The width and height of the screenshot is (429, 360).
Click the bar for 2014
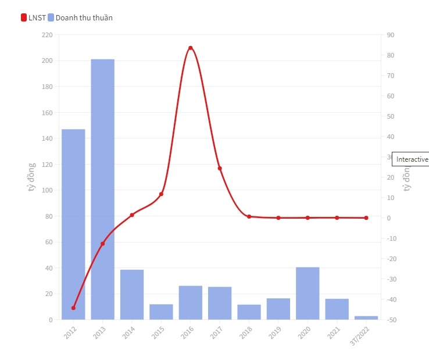132,294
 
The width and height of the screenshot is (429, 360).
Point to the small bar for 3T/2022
366,318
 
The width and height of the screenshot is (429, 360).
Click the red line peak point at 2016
191,48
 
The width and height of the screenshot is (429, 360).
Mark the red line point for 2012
73,308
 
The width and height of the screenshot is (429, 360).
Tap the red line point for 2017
220,169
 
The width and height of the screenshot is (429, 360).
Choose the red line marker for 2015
161,194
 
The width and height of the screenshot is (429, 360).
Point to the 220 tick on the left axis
47,35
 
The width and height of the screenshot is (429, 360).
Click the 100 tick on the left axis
47,190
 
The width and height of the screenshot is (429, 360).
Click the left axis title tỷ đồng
31,177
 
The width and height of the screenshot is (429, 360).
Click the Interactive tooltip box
411,159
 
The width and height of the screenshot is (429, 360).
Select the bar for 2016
191,302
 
